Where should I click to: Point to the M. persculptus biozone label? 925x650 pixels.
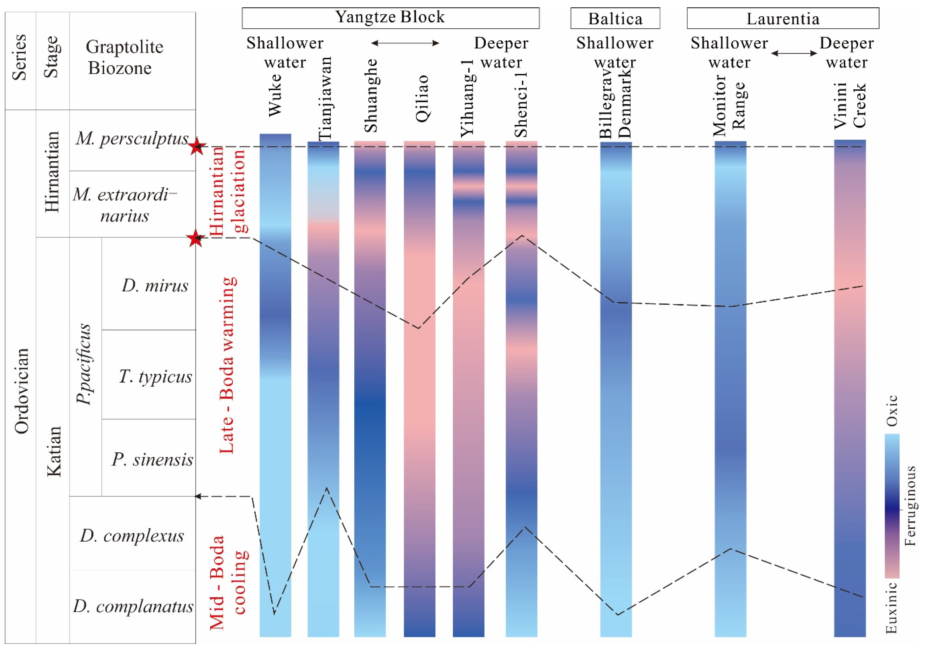132,139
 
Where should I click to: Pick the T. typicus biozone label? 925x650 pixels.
155,377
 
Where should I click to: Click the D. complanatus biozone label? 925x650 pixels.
133,606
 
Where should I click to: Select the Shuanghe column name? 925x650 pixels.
371,96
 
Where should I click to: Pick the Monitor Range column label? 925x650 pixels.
729,105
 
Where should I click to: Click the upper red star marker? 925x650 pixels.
197,146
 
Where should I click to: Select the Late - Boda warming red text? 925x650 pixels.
227,365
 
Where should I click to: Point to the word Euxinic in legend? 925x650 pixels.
892,607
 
